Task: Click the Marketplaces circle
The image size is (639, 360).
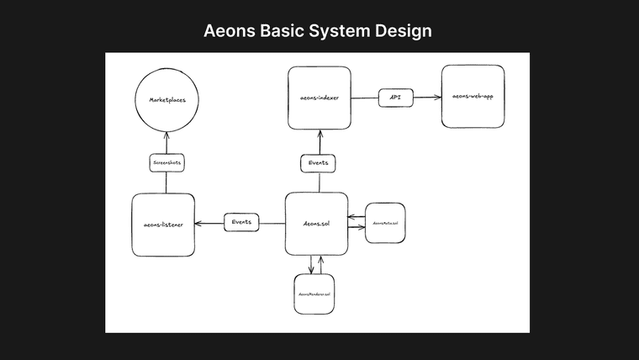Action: point(166,100)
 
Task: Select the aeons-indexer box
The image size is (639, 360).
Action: point(319,98)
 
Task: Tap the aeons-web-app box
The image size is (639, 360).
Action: point(473,97)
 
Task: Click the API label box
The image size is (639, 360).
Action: point(394,98)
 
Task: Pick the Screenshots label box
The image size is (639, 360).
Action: point(166,162)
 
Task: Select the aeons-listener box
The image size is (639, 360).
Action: point(163,225)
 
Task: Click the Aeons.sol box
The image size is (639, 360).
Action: point(316,225)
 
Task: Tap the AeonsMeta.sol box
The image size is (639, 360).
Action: point(383,223)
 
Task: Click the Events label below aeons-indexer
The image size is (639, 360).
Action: point(319,162)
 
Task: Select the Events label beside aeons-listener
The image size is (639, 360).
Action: point(241,223)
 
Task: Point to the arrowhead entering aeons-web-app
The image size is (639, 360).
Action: point(438,98)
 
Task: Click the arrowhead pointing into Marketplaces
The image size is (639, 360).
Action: point(166,135)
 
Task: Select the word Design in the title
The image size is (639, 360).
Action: point(404,31)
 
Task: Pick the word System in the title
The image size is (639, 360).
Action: point(341,31)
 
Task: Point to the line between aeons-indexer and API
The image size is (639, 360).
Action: point(365,98)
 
